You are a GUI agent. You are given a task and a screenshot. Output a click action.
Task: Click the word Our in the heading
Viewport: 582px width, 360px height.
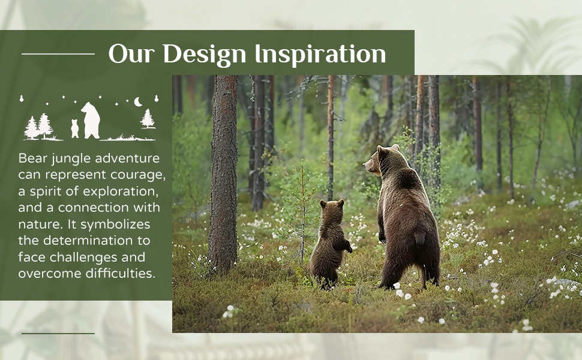coord(131,54)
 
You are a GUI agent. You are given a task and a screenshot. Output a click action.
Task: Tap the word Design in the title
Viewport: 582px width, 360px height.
coord(205,55)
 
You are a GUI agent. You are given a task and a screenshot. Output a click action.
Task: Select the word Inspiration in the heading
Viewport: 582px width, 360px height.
coord(320,55)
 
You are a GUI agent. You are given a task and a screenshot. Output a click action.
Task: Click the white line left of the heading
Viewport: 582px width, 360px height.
coord(58,54)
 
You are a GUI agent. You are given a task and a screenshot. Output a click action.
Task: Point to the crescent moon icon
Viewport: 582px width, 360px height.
coord(138,101)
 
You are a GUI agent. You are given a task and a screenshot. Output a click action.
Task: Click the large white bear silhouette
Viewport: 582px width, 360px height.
coord(91,120)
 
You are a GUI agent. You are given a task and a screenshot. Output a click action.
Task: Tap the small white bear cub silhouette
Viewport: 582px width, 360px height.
coord(74,128)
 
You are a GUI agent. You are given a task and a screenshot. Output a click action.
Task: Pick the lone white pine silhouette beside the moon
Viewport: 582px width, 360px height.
coord(148,119)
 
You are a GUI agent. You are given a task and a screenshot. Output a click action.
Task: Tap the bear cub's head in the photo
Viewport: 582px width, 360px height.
coord(331,207)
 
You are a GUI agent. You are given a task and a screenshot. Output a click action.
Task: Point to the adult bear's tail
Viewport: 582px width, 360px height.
coord(419,238)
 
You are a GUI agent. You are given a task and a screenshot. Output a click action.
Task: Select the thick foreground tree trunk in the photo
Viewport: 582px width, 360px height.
coord(223,175)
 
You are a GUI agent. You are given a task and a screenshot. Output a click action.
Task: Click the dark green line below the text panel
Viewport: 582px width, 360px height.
coord(58,333)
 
